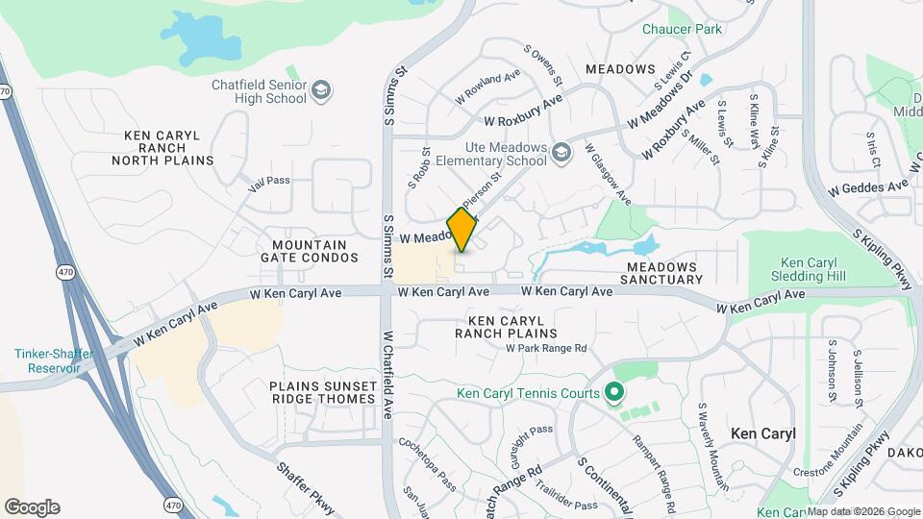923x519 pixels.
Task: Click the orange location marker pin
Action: click(461, 229)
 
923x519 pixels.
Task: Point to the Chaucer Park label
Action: click(682, 29)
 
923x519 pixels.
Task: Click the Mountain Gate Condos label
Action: click(309, 251)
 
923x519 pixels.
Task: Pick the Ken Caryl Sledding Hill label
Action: click(813, 269)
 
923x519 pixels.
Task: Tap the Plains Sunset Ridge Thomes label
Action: click(322, 392)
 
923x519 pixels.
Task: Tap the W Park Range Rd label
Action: click(546, 348)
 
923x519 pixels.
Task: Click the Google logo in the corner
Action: click(32, 507)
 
